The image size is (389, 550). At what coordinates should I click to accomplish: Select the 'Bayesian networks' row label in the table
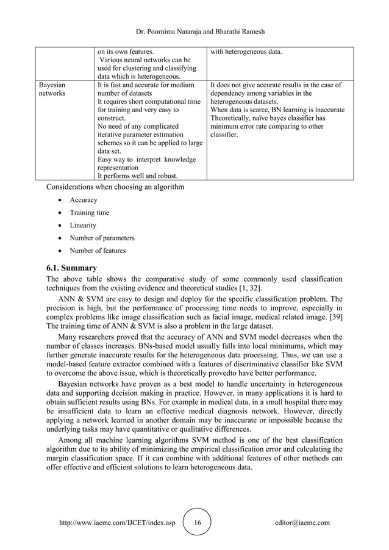coord(52,90)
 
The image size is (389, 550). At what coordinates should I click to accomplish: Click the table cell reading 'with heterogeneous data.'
coord(246,52)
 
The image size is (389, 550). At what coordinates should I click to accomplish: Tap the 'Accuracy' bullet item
coord(84,200)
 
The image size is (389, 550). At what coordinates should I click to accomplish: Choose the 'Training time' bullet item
coord(90,213)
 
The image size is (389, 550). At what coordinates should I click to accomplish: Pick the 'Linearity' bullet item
coord(84,226)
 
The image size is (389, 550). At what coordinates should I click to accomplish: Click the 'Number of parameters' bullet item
coord(102,238)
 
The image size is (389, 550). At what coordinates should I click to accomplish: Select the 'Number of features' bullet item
coord(98,251)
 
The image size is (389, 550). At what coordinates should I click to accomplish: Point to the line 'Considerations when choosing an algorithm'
coord(115,187)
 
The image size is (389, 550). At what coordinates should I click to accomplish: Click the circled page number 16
coord(197,523)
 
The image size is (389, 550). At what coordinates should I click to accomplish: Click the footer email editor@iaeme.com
coord(302,523)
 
